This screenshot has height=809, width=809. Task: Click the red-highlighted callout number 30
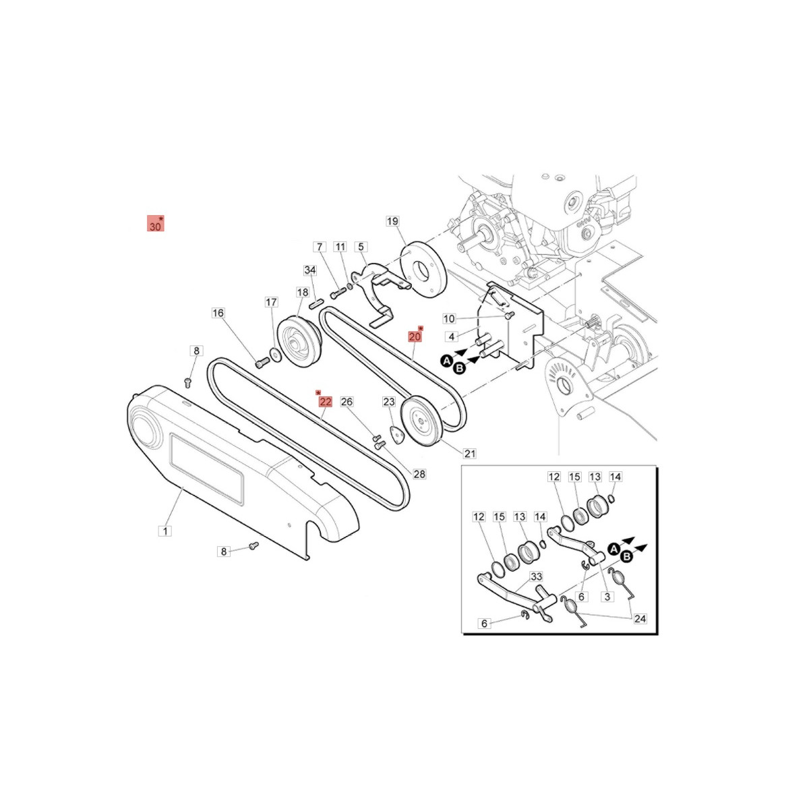coord(155,224)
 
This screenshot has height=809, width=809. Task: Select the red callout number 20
coord(415,336)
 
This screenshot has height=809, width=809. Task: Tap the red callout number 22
coord(326,402)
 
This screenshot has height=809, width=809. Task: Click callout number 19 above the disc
coord(392,221)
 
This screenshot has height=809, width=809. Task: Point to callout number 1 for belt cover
coord(165,531)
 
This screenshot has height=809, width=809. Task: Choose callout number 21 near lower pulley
coord(469,454)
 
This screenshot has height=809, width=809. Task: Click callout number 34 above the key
coord(310,270)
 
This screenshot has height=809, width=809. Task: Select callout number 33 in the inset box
coord(537,576)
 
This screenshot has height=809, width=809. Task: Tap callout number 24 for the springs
coord(640,618)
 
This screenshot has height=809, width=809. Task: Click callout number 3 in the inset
coord(607,596)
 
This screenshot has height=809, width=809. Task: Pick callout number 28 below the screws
coord(419,474)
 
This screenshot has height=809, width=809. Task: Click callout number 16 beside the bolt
coord(218,313)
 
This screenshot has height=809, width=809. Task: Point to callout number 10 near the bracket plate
coord(449,319)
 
